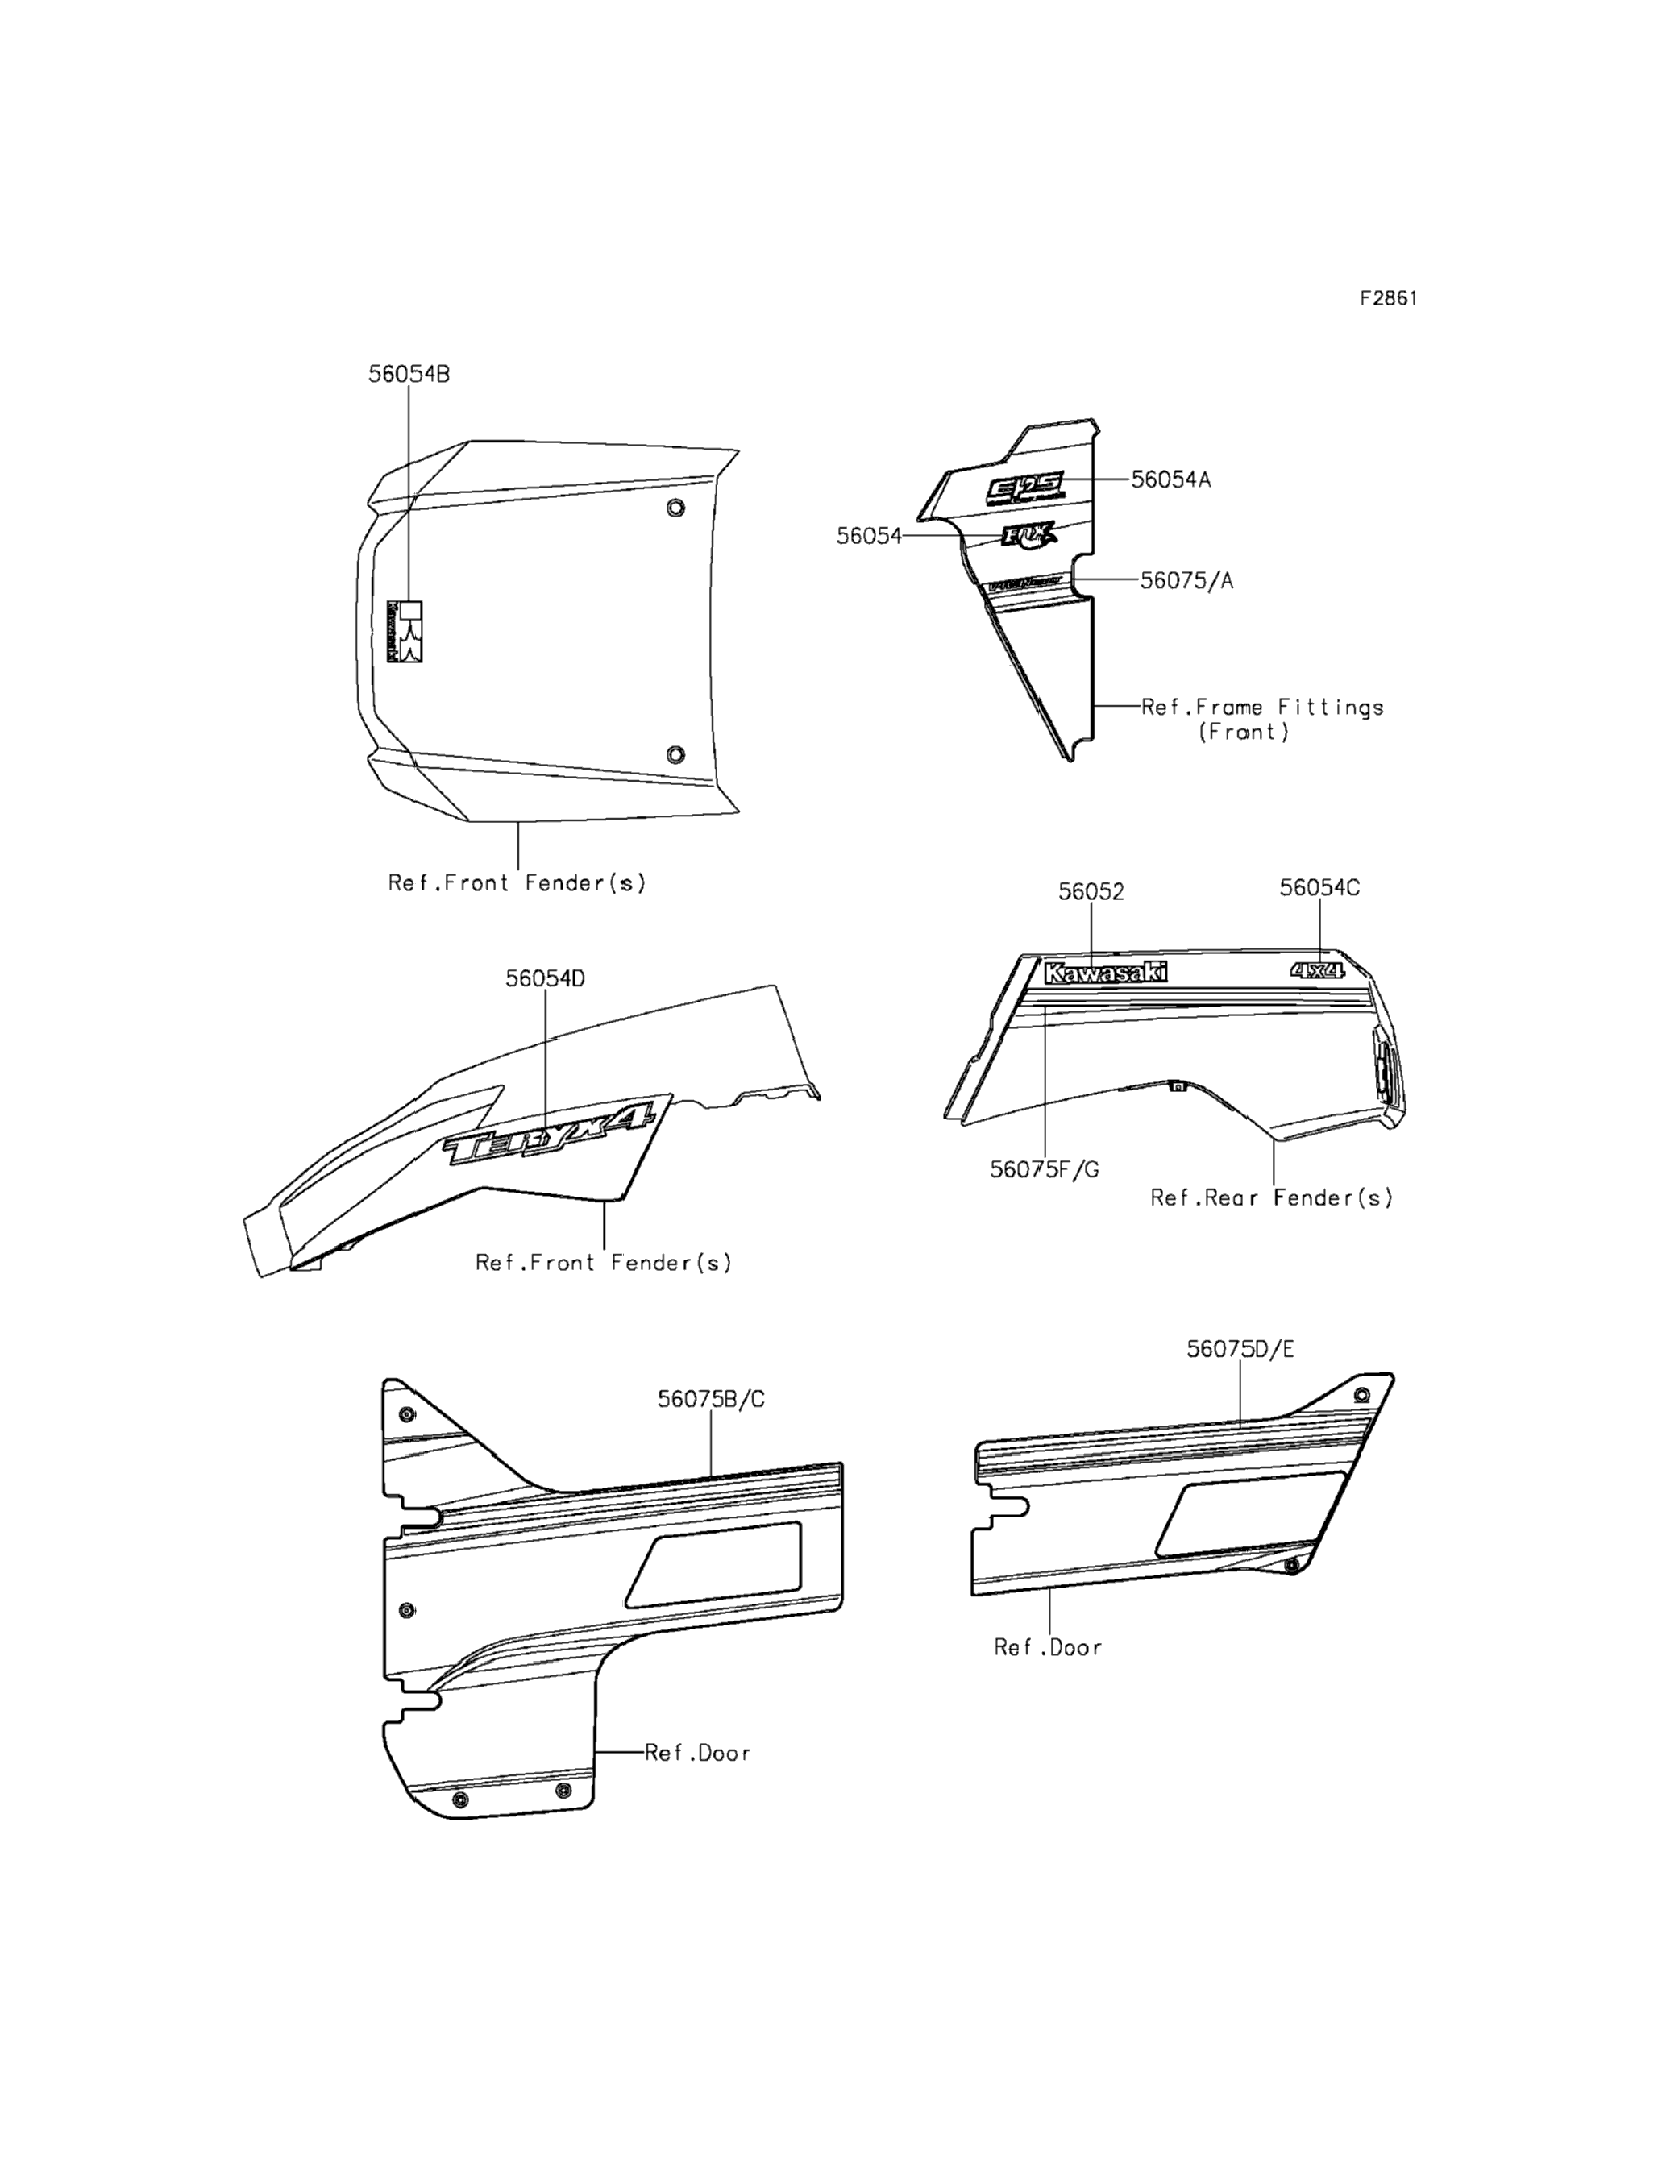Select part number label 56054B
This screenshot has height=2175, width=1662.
click(409, 375)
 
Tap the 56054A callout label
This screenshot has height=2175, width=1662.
click(1170, 479)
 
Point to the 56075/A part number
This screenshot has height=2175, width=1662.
click(1186, 580)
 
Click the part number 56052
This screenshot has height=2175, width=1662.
click(1091, 892)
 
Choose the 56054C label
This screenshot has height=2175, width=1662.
click(1319, 888)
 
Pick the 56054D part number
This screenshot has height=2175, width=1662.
click(545, 979)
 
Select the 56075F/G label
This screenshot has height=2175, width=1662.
click(1045, 1170)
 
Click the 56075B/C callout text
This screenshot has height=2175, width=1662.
click(710, 1400)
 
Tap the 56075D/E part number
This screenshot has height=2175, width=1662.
click(1240, 1350)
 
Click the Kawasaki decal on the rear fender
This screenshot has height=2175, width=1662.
click(1105, 973)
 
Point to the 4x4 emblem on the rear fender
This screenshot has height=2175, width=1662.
click(1317, 970)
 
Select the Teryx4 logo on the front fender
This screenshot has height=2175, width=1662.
click(549, 1135)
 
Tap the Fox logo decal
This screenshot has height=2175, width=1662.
click(1028, 535)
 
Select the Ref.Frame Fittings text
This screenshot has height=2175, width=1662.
click(1261, 708)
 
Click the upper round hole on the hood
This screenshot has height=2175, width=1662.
click(675, 508)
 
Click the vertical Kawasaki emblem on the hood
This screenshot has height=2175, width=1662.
click(405, 631)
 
